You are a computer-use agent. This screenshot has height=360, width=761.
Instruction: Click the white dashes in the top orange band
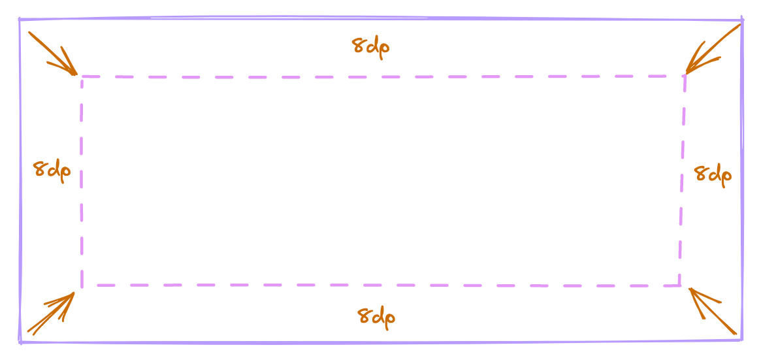click(369, 48)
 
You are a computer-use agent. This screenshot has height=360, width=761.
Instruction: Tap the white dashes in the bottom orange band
click(372, 317)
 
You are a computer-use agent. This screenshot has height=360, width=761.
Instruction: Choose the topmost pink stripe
click(379, 82)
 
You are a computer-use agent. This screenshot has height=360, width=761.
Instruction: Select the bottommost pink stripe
click(379, 279)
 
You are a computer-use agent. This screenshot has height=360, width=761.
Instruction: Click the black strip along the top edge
click(379, 7)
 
